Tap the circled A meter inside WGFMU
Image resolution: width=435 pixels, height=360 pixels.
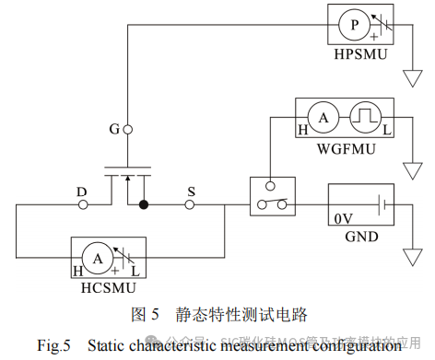323,118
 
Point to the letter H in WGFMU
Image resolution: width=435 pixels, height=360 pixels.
301,132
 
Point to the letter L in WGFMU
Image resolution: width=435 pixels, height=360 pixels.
387,132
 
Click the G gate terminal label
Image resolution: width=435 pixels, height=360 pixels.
114,129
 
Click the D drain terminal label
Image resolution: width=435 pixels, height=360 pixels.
81,192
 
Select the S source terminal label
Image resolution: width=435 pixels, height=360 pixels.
191,192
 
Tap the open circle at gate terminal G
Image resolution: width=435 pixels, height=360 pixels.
127,129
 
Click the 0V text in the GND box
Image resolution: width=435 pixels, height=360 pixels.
343,218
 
